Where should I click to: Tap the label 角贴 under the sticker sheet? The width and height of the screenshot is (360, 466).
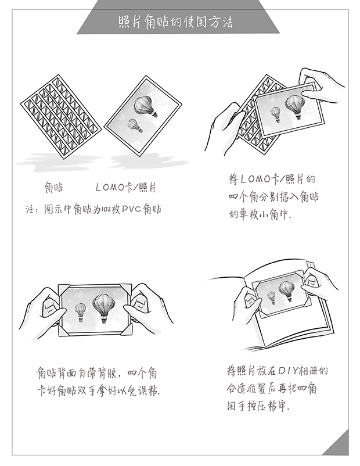click(53, 188)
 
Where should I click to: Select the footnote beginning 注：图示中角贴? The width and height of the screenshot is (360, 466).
click(94, 208)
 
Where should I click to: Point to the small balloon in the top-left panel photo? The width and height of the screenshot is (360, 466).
click(135, 124)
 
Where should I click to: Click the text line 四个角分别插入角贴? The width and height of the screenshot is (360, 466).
click(273, 198)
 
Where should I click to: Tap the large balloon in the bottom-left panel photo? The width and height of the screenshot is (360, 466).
click(104, 304)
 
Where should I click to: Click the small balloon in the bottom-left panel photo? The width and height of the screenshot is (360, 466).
click(80, 310)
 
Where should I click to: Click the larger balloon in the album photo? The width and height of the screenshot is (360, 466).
click(286, 289)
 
